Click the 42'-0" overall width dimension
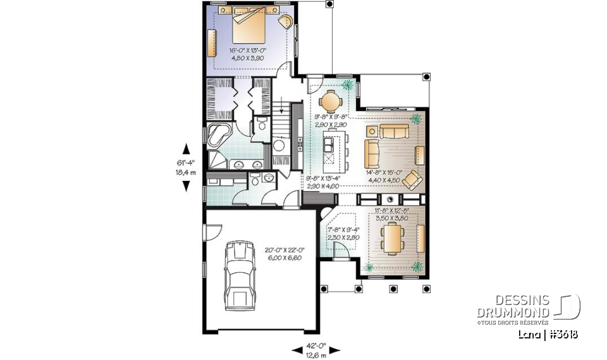tap(317, 349)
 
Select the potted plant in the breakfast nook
tap(348, 84)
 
